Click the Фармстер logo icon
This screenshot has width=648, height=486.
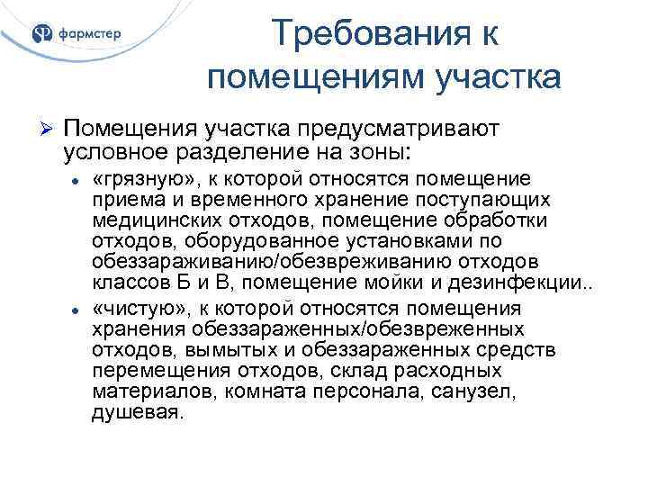43,35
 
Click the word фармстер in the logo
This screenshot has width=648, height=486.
89,36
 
